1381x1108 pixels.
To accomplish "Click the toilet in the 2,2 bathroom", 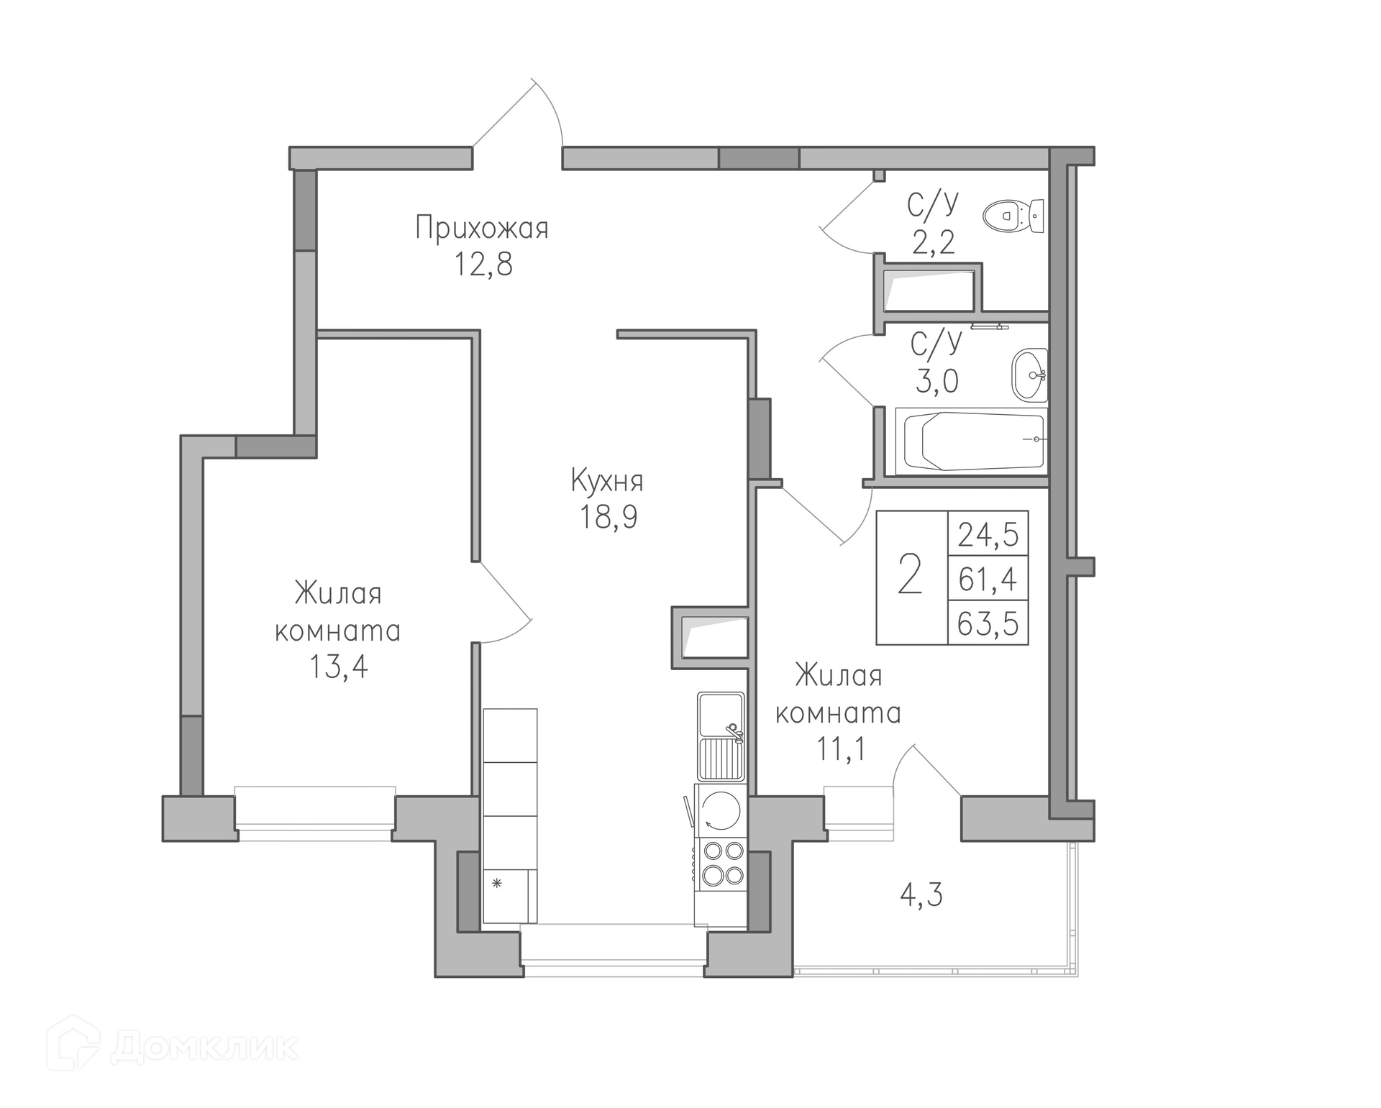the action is point(1013,215).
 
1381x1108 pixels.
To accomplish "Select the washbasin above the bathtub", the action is point(1029,375).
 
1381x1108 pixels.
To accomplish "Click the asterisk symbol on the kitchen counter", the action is point(496,883).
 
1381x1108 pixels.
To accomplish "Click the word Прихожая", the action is point(482,229).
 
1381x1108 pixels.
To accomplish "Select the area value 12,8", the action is point(483,265).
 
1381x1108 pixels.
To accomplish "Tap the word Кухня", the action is point(607,480).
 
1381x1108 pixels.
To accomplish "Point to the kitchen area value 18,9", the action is point(609,517).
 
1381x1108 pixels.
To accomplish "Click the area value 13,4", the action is point(338,667).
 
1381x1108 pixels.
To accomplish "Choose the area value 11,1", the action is point(839,749).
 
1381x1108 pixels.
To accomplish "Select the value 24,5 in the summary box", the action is point(988,535).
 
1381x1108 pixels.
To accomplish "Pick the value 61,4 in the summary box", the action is point(988,579).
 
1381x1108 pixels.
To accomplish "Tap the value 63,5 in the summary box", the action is point(988,623).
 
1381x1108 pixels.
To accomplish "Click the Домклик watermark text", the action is point(204,1047).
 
